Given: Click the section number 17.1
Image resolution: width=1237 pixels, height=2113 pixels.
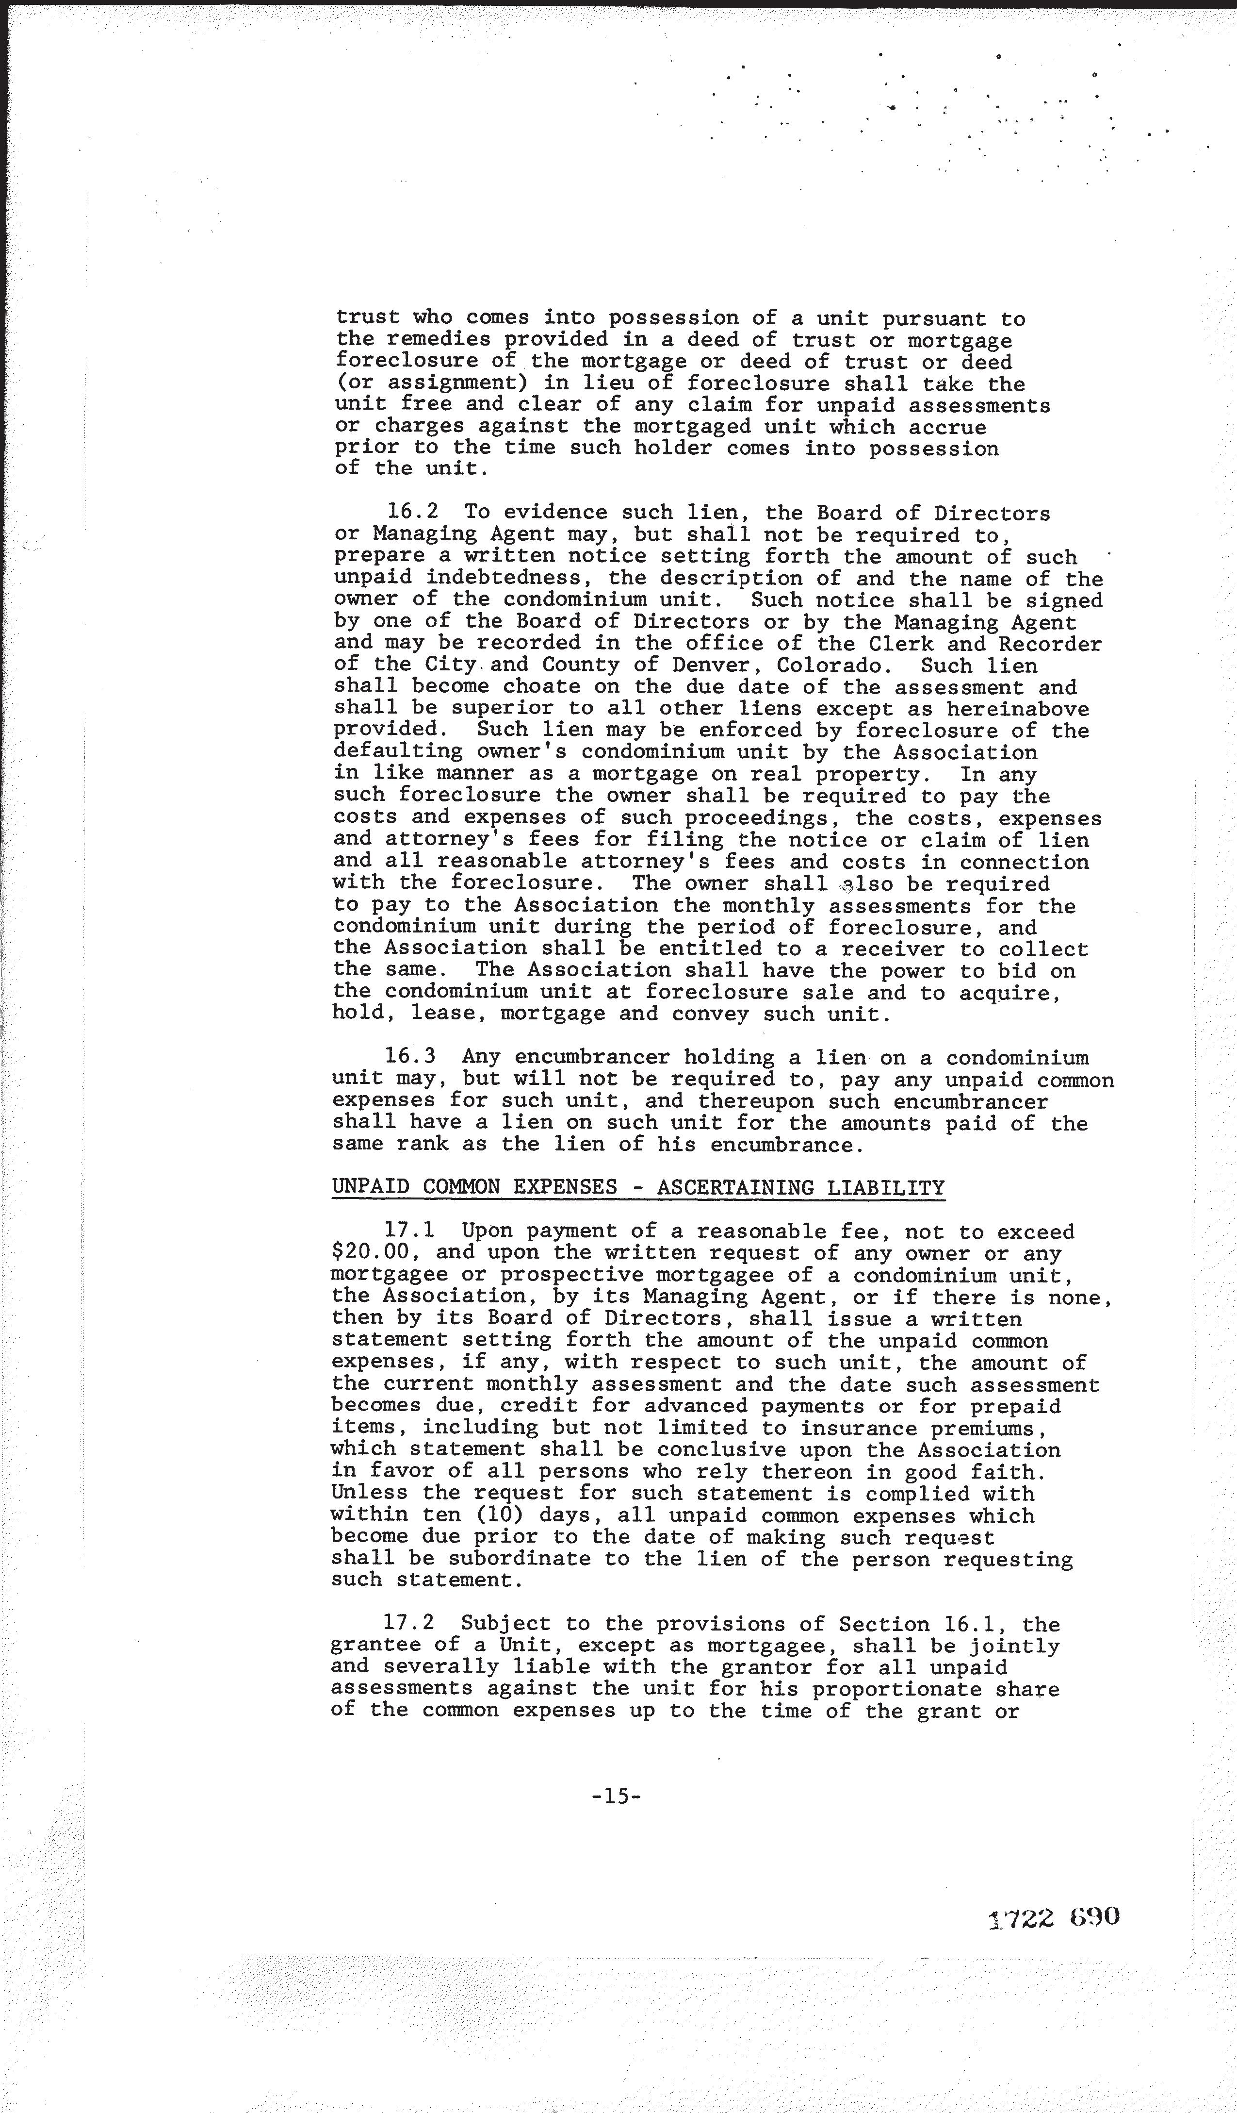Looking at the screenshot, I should [410, 1232].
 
